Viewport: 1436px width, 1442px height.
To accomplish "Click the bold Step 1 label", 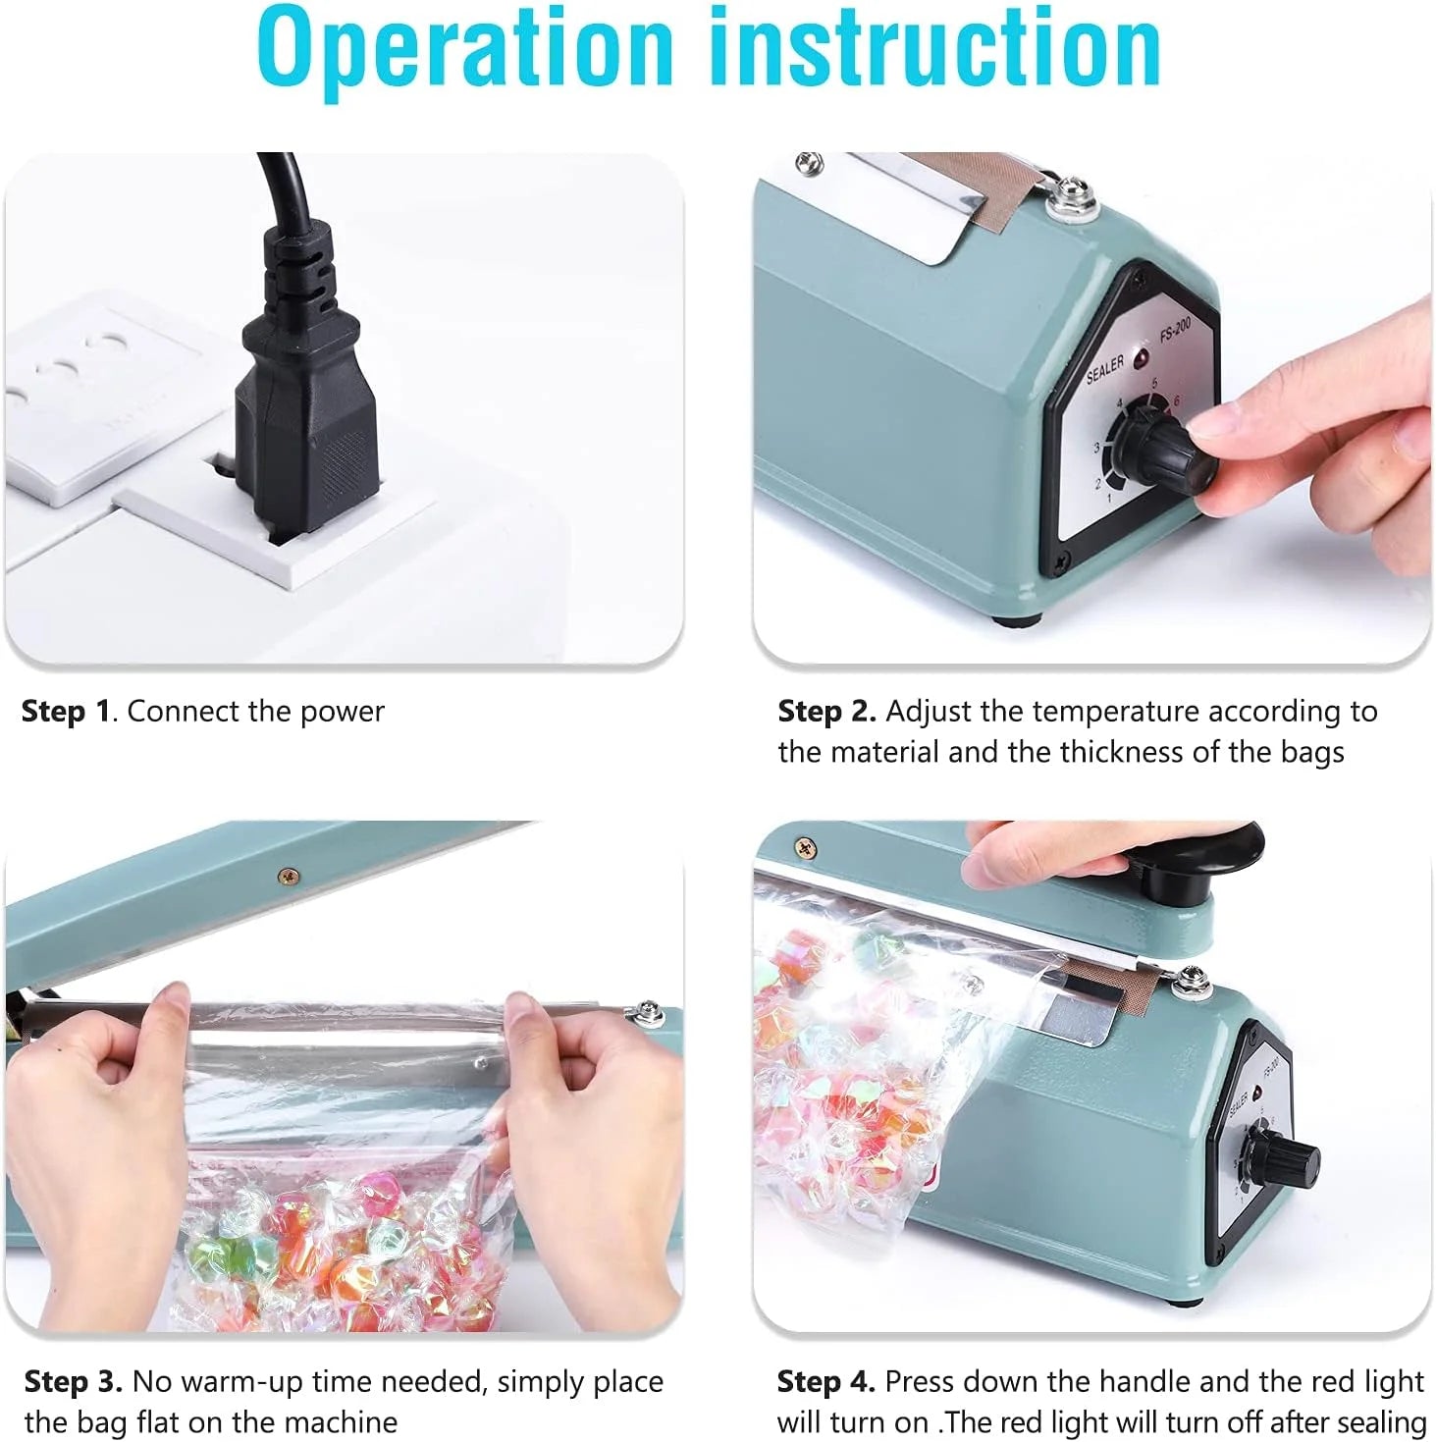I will (66, 712).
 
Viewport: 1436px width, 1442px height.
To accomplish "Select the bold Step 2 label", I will (825, 712).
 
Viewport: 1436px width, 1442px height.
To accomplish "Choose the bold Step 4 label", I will (824, 1382).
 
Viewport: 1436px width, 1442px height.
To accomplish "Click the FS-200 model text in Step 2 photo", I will (1175, 330).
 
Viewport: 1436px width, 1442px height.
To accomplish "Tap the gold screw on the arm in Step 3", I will (287, 875).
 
